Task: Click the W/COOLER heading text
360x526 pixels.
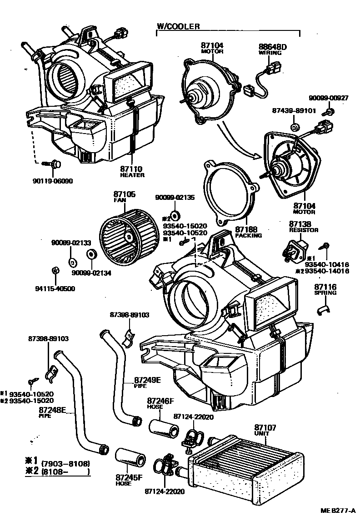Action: coord(178,27)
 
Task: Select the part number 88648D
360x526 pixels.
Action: coord(273,46)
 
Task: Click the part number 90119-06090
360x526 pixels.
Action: coord(54,180)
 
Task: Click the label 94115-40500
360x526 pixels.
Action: coord(55,288)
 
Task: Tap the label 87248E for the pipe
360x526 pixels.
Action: coord(53,410)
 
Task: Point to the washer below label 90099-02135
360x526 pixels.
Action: coord(175,214)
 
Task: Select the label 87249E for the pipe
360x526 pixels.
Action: coord(147,380)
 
